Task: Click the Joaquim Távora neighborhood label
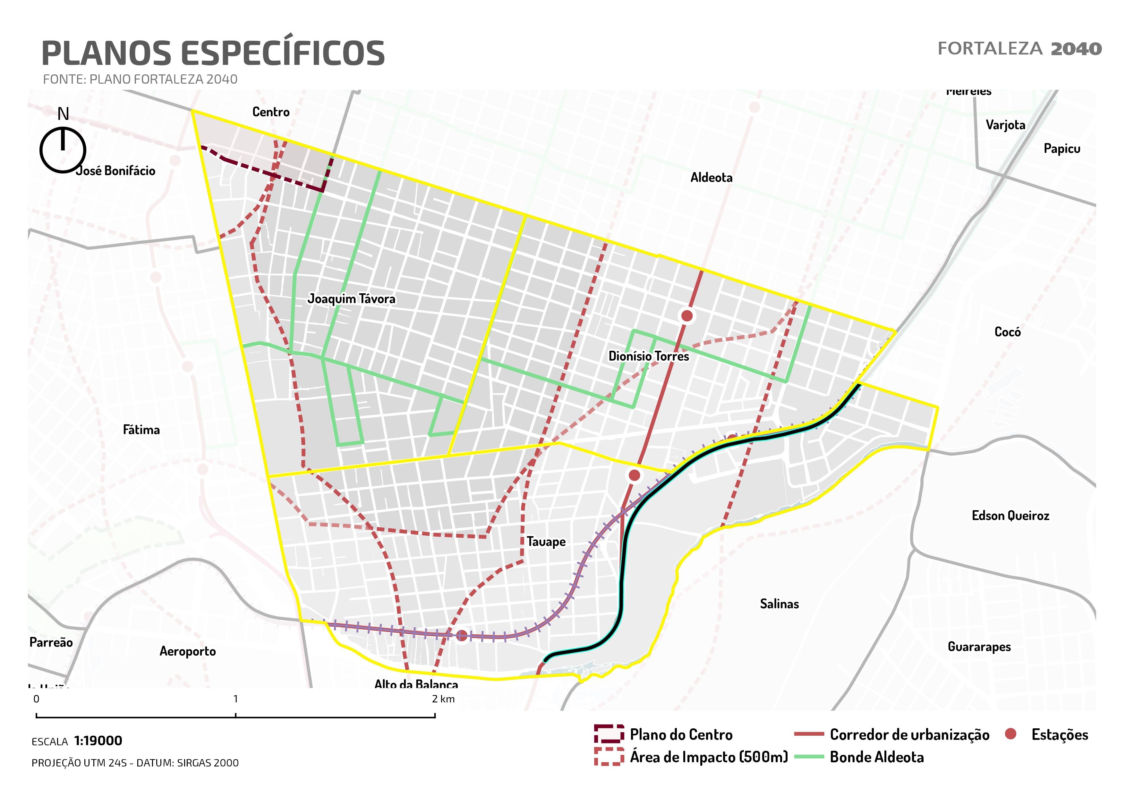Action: [x=351, y=299]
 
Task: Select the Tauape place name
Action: [x=546, y=541]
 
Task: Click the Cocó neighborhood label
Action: [x=1007, y=332]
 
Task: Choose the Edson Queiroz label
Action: [x=1010, y=515]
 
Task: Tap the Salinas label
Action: [x=779, y=604]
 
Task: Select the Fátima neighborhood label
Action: [x=141, y=430]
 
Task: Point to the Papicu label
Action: [x=1062, y=148]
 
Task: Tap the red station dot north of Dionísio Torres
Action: [x=687, y=316]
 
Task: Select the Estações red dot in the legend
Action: [x=1010, y=734]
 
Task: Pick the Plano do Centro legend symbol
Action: [x=609, y=734]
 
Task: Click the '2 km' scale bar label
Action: [x=443, y=699]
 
